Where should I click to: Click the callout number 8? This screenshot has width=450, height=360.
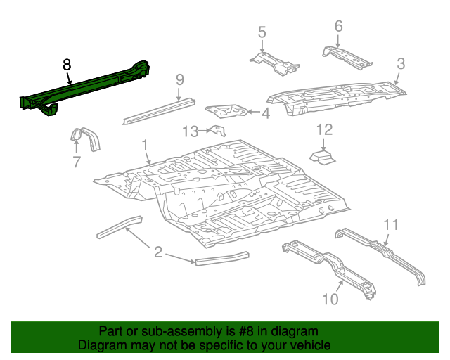[x=67, y=65]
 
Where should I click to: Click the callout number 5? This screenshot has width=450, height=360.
[x=262, y=32]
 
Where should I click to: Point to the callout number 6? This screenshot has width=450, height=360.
[x=338, y=26]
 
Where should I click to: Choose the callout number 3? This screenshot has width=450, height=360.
[x=400, y=64]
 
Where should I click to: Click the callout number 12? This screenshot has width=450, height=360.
[x=323, y=129]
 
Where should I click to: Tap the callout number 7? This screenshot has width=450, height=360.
[x=76, y=162]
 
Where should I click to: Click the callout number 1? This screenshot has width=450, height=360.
[x=145, y=144]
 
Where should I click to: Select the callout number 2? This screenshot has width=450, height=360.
[x=158, y=252]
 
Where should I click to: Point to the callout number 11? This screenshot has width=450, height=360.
[x=391, y=224]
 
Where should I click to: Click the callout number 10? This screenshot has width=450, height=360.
[x=330, y=300]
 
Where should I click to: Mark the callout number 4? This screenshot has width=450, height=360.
[x=265, y=113]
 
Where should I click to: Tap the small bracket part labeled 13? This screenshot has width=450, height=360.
[x=219, y=131]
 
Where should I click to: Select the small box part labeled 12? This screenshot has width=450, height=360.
[x=323, y=154]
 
